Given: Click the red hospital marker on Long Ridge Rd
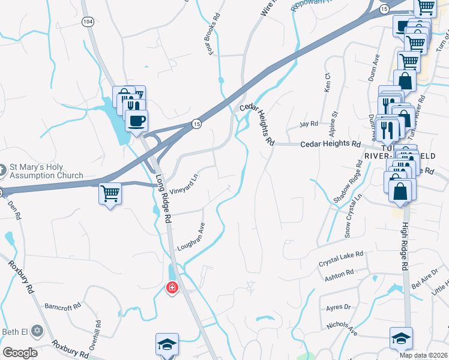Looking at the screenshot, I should [172, 289].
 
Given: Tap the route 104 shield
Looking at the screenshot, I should [88, 21].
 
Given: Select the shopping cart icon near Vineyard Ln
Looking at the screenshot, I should [110, 193].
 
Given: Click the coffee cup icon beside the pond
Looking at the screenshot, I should [137, 121].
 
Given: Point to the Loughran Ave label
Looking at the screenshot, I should [191, 237].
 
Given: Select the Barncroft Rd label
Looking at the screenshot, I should [62, 307].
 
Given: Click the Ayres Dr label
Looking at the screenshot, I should [338, 307].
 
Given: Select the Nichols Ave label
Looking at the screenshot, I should [342, 327].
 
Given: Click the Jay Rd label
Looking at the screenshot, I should [309, 124].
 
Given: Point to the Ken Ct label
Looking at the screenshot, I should [328, 83].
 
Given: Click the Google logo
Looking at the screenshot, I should [20, 353].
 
